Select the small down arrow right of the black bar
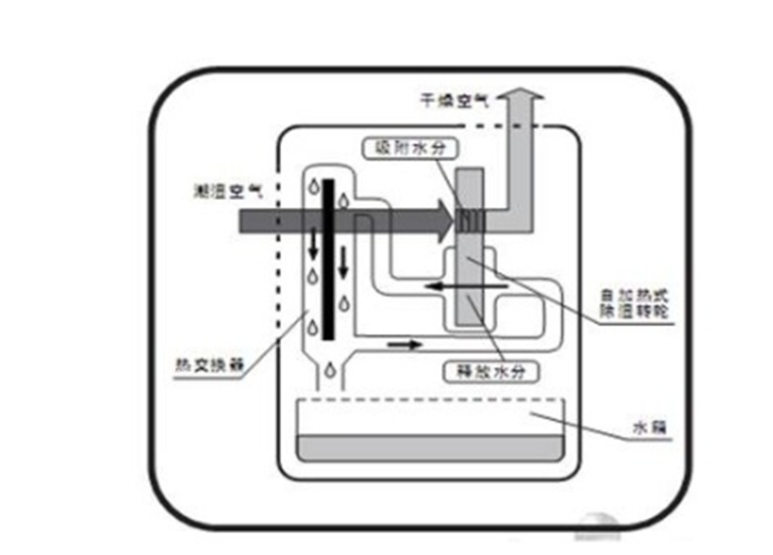coord(344,263)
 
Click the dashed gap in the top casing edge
coord(482,126)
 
